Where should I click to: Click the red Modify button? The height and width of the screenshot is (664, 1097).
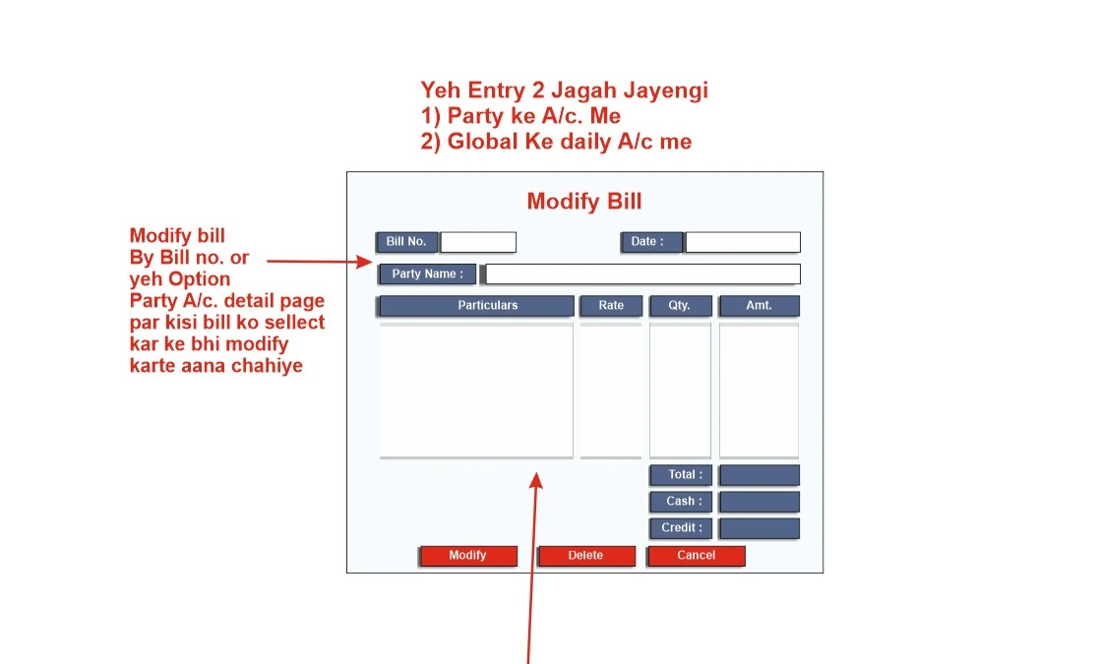(x=468, y=556)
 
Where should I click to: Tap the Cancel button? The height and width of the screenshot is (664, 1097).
(x=697, y=556)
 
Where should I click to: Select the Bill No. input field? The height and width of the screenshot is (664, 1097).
(x=478, y=242)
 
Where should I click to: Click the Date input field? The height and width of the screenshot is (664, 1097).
(x=742, y=242)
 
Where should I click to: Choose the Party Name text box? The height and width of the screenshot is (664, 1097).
(x=642, y=274)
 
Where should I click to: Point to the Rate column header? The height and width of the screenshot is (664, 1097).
(x=611, y=306)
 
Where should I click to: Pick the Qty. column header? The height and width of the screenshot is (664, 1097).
(x=680, y=306)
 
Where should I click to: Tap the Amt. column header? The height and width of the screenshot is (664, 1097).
(x=760, y=306)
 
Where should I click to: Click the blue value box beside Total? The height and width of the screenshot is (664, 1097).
(x=760, y=475)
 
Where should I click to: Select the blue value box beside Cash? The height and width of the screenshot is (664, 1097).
(x=760, y=502)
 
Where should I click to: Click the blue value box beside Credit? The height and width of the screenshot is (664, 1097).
(x=760, y=528)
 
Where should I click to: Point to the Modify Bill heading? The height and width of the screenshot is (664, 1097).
(x=584, y=202)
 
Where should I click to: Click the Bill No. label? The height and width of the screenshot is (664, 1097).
(x=406, y=242)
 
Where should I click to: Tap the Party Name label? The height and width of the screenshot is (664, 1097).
(x=427, y=274)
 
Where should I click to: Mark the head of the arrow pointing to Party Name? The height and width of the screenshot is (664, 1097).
(x=372, y=262)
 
